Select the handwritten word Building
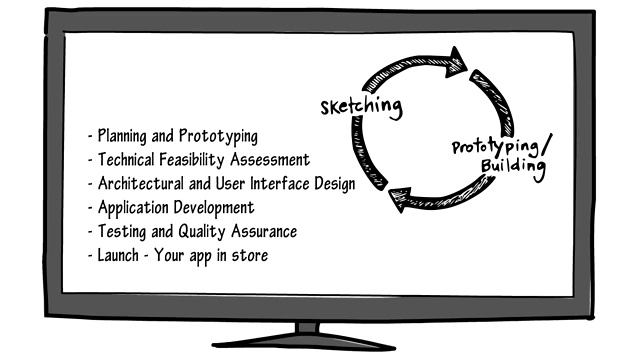click(513, 166)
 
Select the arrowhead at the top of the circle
click(459, 57)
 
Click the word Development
click(214, 208)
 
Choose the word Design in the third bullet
click(333, 184)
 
